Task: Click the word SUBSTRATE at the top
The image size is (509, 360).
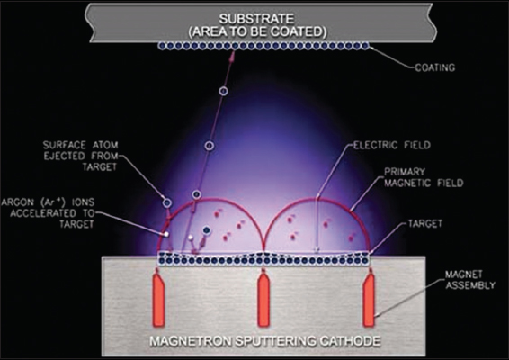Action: (x=256, y=19)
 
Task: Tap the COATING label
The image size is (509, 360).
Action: (x=435, y=67)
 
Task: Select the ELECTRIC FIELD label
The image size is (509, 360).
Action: (x=392, y=145)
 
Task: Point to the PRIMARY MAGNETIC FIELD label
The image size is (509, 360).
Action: (x=424, y=177)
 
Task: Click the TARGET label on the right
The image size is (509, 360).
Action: (x=425, y=223)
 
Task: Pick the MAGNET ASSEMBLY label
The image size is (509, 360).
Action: (x=470, y=279)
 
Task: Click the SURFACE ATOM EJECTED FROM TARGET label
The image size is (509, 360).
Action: (x=81, y=156)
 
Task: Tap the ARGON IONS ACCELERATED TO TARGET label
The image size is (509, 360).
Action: (x=48, y=213)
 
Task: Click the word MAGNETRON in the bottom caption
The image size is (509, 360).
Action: (x=191, y=341)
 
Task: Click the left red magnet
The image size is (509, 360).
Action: (x=158, y=298)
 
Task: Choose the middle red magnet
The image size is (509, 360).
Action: (x=263, y=298)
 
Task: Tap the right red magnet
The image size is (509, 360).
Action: (x=369, y=298)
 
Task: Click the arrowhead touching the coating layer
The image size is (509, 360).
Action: (x=232, y=56)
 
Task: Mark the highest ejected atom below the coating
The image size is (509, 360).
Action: (x=223, y=91)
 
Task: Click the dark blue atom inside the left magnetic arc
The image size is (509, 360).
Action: (x=206, y=230)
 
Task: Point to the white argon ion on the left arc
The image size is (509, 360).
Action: (x=165, y=234)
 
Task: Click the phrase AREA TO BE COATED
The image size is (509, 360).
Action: (x=258, y=31)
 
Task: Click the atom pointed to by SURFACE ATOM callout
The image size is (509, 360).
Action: (x=167, y=203)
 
